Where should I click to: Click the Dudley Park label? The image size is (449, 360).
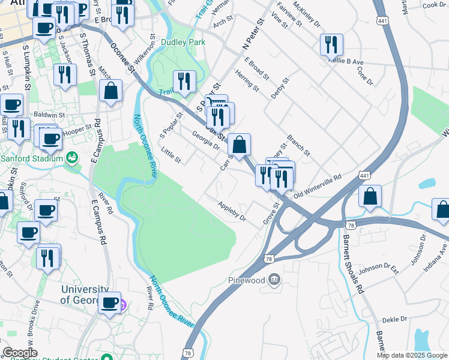183,43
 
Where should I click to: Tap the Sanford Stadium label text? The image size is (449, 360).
31,158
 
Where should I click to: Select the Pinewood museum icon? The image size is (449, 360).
274,279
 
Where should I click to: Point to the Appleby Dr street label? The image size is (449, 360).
232,211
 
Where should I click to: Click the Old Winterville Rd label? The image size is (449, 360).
317,187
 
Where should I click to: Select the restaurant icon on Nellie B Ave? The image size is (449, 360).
331,45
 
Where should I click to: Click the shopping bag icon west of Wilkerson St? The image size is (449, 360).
111,91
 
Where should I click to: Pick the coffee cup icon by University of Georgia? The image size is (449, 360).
110,302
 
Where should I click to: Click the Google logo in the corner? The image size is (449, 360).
20,353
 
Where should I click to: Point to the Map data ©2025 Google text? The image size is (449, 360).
412,355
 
